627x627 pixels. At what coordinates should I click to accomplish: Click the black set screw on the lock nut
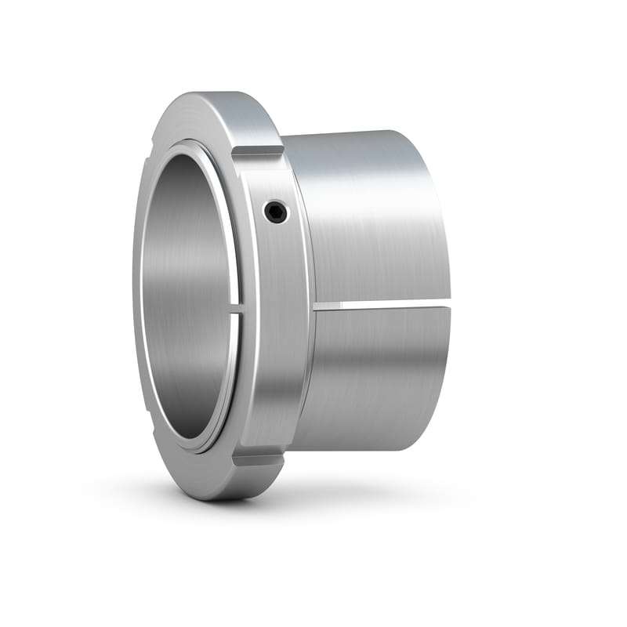click(275, 211)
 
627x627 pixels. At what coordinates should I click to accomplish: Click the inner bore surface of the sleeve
click(184, 298)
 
